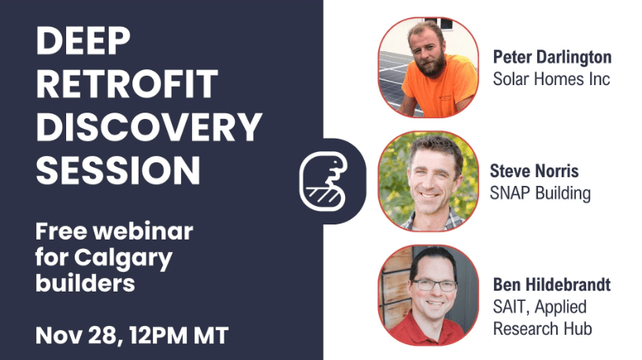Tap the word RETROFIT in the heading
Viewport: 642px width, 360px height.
[x=127, y=84]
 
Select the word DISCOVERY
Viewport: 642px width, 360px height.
[x=149, y=127]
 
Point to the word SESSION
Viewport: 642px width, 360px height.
[x=118, y=170]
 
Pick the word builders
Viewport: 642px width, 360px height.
[x=85, y=282]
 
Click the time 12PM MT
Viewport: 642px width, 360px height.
[x=179, y=336]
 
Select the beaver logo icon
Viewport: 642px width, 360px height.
[x=324, y=181]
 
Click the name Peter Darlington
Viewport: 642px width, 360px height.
[x=552, y=58]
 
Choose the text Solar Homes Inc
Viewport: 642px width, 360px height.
[x=551, y=79]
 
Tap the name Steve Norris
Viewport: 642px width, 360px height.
[x=534, y=171]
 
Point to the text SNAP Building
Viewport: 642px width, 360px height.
[x=540, y=193]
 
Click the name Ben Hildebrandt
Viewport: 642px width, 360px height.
[x=551, y=284]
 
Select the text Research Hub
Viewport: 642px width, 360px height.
[x=543, y=328]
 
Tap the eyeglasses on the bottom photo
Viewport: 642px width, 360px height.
[x=434, y=284]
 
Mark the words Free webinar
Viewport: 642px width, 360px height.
[x=113, y=232]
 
